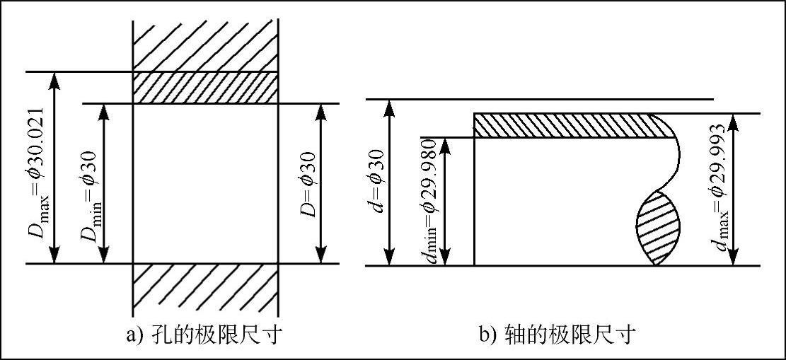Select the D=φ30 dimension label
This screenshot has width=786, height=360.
[x=308, y=184]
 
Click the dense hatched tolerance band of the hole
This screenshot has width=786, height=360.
[x=205, y=88]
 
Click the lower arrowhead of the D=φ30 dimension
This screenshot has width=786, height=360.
[x=323, y=256]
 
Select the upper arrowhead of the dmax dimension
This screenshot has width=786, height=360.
[x=736, y=121]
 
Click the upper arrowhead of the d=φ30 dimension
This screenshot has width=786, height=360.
[x=387, y=108]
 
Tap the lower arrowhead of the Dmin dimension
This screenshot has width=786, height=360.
[x=105, y=256]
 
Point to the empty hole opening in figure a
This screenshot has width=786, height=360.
[x=205, y=184]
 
